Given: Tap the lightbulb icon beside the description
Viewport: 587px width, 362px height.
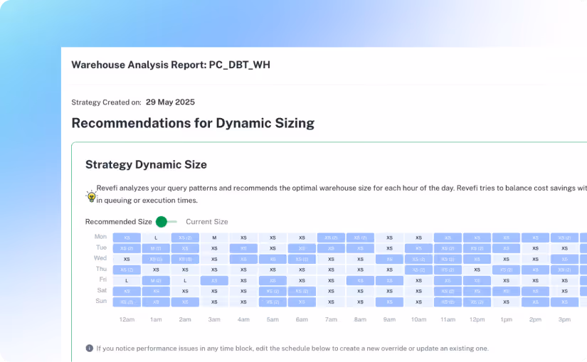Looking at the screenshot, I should tap(91, 196).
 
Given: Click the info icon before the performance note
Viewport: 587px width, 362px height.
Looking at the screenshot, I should tap(89, 348).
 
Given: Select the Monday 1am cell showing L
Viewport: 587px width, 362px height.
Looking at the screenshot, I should tap(156, 238).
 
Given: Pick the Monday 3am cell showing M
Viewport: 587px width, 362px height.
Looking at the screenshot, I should tap(214, 238).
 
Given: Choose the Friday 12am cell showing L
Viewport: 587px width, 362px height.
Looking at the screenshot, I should tap(127, 281).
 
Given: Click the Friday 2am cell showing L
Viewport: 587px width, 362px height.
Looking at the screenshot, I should tap(185, 281).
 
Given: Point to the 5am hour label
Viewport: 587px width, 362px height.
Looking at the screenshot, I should tap(273, 320).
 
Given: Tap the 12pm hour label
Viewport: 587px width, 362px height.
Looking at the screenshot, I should tap(477, 320).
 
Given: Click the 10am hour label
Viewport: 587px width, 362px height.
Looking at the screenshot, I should tap(418, 320).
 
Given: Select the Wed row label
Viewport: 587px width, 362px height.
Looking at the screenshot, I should tap(100, 258).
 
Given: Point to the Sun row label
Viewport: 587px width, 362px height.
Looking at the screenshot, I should tap(100, 302).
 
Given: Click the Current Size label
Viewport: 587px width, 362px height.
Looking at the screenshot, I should tap(207, 222).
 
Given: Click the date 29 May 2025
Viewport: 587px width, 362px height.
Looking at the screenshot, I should tap(170, 102).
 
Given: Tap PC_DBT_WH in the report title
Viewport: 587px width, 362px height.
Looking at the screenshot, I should tap(239, 65).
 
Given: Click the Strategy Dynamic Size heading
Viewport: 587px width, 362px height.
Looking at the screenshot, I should tap(146, 165).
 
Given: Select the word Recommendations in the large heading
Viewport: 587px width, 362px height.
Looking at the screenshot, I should tap(127, 123).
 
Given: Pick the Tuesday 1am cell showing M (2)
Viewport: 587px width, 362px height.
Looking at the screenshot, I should tap(156, 248).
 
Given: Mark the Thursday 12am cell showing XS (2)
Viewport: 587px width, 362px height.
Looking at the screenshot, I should tap(127, 270).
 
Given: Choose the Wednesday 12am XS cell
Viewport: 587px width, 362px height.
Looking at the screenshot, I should tap(127, 260).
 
